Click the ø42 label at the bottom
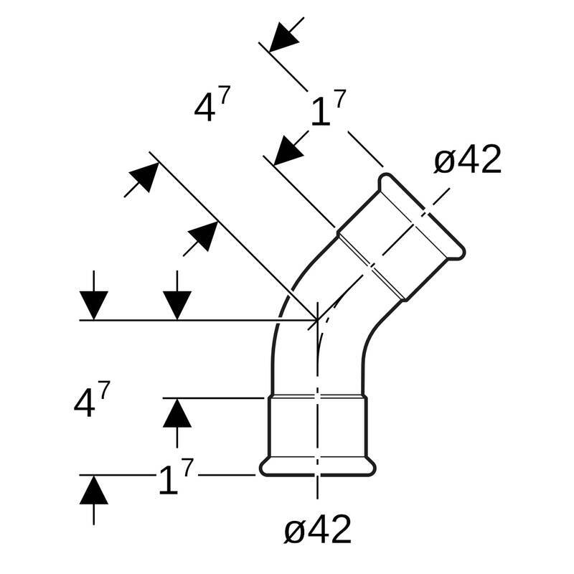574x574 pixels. pyautogui.click(x=317, y=530)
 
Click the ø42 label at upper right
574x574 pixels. pyautogui.click(x=467, y=160)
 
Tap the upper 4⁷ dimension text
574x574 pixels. pyautogui.click(x=212, y=107)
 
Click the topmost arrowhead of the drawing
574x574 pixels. pyautogui.click(x=284, y=37)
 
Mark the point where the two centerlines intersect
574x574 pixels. pyautogui.click(x=316, y=319)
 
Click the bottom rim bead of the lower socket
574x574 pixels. pyautogui.click(x=317, y=466)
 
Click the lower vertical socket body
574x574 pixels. pyautogui.click(x=317, y=427)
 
